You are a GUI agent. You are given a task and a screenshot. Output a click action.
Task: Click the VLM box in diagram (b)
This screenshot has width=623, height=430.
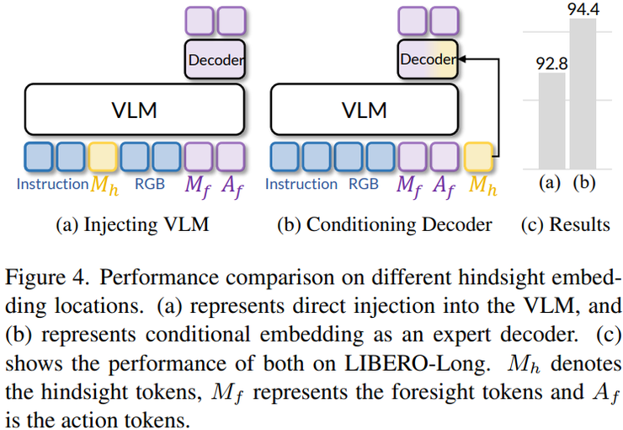tap(366, 110)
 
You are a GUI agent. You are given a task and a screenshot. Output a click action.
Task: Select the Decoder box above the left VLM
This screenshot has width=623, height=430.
tap(215, 60)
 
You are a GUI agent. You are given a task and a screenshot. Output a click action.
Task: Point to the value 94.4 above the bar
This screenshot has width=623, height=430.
tap(583, 9)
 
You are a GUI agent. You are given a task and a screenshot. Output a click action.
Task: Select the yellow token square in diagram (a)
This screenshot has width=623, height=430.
tap(103, 157)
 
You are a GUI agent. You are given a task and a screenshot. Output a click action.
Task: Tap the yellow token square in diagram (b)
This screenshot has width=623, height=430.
tap(479, 157)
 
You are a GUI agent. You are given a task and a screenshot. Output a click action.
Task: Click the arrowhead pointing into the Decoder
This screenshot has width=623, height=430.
tap(459, 60)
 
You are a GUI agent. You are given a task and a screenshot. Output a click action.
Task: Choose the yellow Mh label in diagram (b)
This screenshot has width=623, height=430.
tap(482, 185)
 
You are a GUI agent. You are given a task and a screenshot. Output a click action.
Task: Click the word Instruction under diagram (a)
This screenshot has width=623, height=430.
tap(52, 184)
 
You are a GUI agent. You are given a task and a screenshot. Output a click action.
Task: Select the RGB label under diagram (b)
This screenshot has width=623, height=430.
tap(364, 184)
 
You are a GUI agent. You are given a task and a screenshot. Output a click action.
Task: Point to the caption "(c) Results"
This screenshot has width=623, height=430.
tap(567, 224)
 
